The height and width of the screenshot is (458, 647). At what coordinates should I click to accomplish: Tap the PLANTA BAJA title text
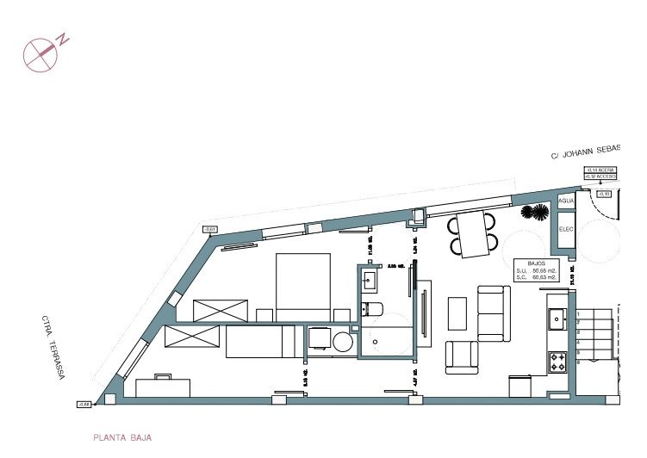coord(121,437)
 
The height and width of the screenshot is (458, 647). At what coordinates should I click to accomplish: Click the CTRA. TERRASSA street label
coord(52,346)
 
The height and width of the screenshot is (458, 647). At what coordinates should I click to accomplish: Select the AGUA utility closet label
coord(566,201)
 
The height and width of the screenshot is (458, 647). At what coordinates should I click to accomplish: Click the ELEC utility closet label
coord(566,229)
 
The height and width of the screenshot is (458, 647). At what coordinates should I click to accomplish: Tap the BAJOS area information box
coord(536,271)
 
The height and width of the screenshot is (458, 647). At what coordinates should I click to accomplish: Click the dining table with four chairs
coord(473,234)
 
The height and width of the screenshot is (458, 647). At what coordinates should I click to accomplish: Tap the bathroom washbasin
coord(372,279)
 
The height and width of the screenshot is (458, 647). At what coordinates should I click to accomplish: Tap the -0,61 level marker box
coord(210,229)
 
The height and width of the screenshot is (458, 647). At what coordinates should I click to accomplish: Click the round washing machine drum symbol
coord(344,341)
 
